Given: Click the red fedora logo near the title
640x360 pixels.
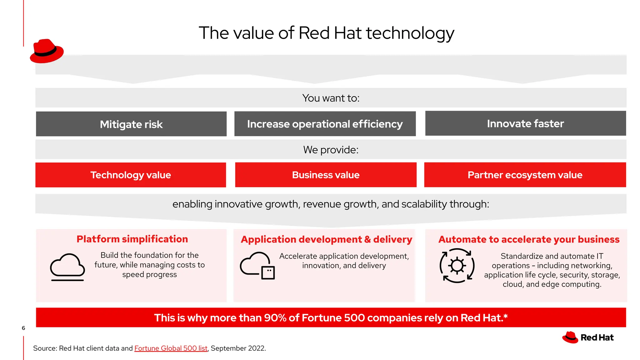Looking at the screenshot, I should pyautogui.click(x=47, y=51).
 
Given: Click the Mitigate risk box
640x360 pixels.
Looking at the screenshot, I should pyautogui.click(x=131, y=124).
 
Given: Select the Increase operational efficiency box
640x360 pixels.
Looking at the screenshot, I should pyautogui.click(x=325, y=124).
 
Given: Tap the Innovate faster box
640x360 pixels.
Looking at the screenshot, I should pyautogui.click(x=525, y=123).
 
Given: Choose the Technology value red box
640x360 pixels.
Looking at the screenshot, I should pyautogui.click(x=131, y=175).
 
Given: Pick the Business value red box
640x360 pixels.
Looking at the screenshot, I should pyautogui.click(x=326, y=175).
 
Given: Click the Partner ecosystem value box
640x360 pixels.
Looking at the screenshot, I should pyautogui.click(x=525, y=175).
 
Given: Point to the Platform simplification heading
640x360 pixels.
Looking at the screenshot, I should pyautogui.click(x=132, y=239).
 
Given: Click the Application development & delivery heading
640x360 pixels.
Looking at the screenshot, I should pyautogui.click(x=326, y=239).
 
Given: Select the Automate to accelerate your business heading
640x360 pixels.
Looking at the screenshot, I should pyautogui.click(x=529, y=239).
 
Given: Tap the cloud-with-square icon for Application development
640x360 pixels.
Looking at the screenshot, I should pyautogui.click(x=257, y=265).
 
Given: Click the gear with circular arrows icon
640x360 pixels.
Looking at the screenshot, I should pyautogui.click(x=457, y=266).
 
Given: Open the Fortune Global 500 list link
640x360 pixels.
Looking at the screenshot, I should pyautogui.click(x=171, y=348).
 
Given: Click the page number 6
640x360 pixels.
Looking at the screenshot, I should pyautogui.click(x=23, y=328).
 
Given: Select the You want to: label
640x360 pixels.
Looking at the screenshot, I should pyautogui.click(x=331, y=98).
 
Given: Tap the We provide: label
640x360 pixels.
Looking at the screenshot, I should pyautogui.click(x=331, y=150).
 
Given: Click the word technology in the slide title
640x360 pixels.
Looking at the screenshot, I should pyautogui.click(x=410, y=33).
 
